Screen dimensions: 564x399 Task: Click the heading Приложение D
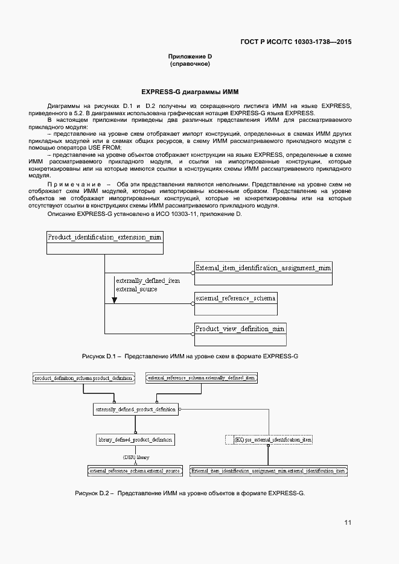click(190, 56)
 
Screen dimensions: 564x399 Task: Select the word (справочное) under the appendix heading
click(190, 63)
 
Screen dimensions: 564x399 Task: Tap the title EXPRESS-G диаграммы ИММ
click(190, 92)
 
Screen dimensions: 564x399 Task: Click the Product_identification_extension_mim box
click(104, 238)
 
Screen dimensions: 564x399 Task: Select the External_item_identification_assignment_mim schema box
click(263, 267)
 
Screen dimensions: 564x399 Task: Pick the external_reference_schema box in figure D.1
click(235, 298)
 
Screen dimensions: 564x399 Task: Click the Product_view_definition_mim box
click(240, 329)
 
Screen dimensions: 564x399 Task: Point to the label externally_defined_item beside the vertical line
click(147, 280)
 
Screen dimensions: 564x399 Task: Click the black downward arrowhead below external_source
click(115, 300)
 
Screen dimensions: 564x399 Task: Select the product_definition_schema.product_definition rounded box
click(83, 378)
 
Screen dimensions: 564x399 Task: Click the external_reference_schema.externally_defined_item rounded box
click(202, 378)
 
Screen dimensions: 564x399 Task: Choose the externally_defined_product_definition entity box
click(136, 410)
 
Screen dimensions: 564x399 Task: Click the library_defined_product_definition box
click(136, 440)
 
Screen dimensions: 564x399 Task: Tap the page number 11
click(348, 522)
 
